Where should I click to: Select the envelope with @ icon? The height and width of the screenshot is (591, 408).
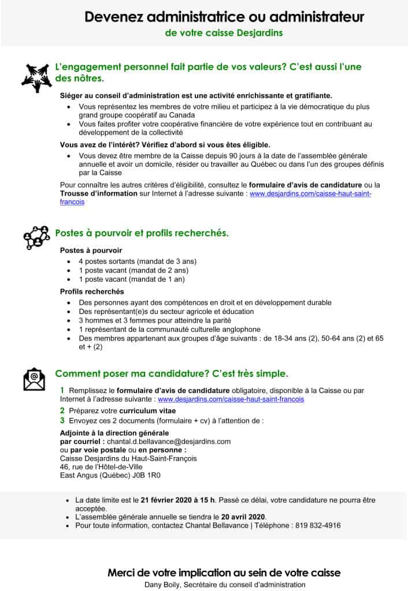[34, 378]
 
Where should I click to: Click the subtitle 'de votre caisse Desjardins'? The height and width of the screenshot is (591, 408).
[224, 33]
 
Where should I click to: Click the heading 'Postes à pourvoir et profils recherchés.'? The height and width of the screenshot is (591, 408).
[142, 233]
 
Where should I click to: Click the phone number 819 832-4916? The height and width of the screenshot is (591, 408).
[317, 525]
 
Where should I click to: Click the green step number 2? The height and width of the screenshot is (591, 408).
[62, 410]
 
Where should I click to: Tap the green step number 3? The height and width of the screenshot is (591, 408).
[62, 421]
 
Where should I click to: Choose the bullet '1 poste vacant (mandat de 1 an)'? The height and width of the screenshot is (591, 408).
[132, 279]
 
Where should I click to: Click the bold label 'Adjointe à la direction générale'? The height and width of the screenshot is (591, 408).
[114, 433]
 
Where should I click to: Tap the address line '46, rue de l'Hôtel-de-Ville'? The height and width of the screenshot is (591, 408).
[101, 467]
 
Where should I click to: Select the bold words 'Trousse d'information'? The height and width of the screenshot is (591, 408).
[99, 193]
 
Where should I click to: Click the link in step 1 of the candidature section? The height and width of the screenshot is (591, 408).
[231, 399]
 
